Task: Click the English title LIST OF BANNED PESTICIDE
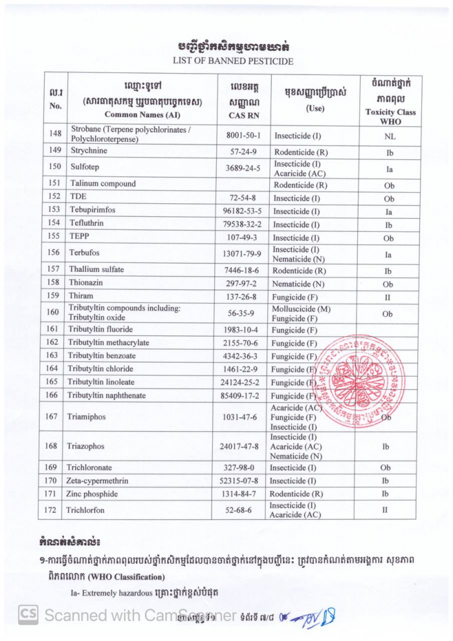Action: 232,62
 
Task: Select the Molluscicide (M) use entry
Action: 301,309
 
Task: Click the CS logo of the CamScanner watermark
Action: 28,614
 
